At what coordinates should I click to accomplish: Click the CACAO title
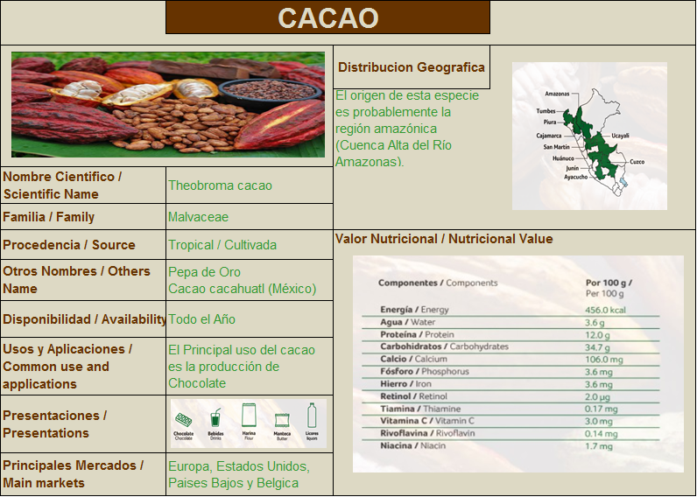point(327,17)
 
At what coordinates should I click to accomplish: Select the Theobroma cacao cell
point(220,185)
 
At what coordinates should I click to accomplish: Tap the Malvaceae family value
point(198,217)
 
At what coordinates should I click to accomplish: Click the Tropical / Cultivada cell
point(222,245)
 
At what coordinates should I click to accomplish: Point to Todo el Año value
point(201,319)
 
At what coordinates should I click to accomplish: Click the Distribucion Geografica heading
point(411,67)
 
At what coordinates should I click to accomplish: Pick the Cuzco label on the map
point(637,162)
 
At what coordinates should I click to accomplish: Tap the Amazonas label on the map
point(557,94)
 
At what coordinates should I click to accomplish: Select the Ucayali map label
point(620,136)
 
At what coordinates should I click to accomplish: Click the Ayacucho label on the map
point(575,177)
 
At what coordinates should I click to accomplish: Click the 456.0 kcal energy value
point(606,310)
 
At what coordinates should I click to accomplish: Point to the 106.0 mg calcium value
point(604,359)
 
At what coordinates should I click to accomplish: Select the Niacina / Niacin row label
point(413,446)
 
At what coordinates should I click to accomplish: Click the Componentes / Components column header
point(438,283)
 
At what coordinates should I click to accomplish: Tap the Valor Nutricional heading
point(443,239)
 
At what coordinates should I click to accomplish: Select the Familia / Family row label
point(49,217)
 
